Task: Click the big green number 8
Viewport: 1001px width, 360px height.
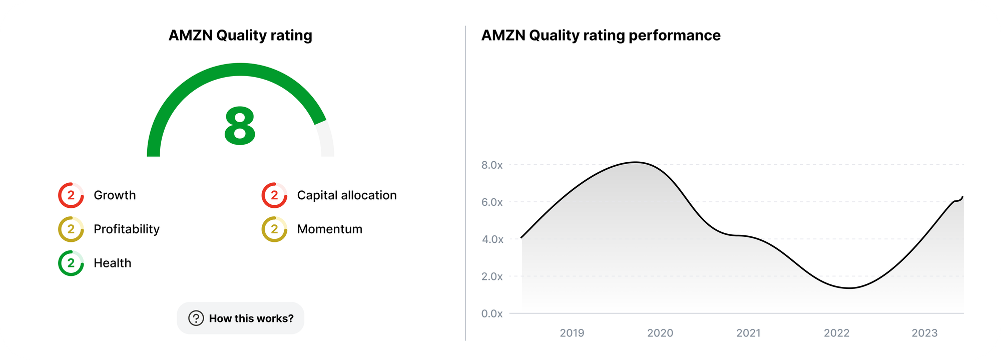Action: click(240, 126)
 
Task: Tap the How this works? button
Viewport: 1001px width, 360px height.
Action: click(241, 318)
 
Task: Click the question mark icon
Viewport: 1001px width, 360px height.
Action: click(196, 318)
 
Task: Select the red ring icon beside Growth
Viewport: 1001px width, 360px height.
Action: click(71, 195)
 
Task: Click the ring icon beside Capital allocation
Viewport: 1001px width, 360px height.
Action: click(274, 195)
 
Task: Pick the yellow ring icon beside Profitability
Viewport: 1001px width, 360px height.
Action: click(71, 229)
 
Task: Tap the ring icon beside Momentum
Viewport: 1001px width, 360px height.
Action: click(274, 229)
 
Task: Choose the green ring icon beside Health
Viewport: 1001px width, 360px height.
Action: click(71, 263)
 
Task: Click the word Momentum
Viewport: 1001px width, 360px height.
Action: click(329, 229)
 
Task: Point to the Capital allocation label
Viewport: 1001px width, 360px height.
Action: click(346, 195)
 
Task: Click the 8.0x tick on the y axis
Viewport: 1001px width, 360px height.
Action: click(491, 165)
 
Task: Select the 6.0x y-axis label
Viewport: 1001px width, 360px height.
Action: click(491, 202)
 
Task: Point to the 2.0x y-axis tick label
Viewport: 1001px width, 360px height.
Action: click(491, 276)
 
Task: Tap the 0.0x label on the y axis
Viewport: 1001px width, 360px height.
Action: click(491, 313)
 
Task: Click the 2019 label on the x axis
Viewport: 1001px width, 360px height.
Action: click(572, 333)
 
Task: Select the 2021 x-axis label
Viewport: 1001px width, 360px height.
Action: click(748, 333)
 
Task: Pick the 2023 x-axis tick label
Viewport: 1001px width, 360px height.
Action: click(924, 333)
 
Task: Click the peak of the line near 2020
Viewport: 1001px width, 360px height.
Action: click(635, 162)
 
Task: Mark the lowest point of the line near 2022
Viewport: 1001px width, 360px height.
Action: click(849, 288)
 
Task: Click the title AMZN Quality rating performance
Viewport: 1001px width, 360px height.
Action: click(601, 36)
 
